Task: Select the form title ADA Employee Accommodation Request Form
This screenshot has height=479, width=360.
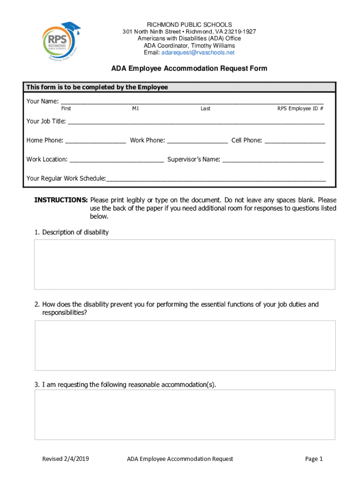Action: pyautogui.click(x=189, y=68)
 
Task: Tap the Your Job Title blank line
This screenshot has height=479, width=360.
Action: pyautogui.click(x=196, y=123)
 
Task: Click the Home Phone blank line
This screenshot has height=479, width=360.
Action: pyautogui.click(x=96, y=141)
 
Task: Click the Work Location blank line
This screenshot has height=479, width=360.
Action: pyautogui.click(x=116, y=160)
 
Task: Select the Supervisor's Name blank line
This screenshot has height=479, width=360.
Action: pyautogui.click(x=273, y=160)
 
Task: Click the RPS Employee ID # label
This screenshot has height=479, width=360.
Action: pyautogui.click(x=300, y=109)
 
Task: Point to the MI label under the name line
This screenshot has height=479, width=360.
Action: pyautogui.click(x=135, y=109)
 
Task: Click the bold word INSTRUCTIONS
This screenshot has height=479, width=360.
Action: pyautogui.click(x=61, y=200)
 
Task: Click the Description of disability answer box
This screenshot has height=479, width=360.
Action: pyautogui.click(x=185, y=264)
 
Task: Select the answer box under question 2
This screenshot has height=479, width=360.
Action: pyautogui.click(x=185, y=345)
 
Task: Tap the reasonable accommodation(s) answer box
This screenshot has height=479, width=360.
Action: pyautogui.click(x=185, y=414)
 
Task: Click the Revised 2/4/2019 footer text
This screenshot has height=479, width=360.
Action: pyautogui.click(x=65, y=459)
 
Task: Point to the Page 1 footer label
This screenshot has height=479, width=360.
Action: pyautogui.click(x=314, y=459)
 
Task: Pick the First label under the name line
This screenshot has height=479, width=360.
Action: pyautogui.click(x=66, y=109)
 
